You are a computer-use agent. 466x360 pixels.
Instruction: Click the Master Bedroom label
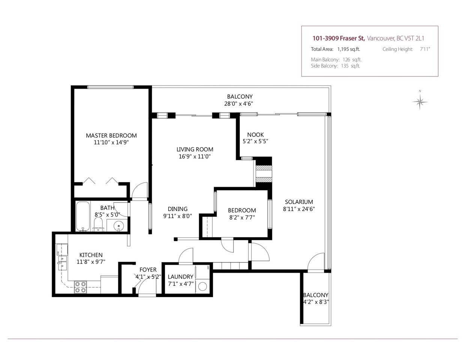111,135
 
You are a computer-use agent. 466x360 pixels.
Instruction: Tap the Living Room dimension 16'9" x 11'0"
195,156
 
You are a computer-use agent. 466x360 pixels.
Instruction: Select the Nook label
256,135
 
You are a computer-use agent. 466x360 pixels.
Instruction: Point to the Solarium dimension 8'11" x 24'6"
299,209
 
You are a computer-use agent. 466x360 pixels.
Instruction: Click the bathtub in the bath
83,216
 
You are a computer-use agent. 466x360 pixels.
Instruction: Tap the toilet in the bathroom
98,224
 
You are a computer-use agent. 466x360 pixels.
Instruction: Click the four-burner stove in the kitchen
81,287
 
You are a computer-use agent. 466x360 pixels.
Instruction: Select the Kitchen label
91,255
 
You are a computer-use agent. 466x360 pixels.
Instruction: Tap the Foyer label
148,270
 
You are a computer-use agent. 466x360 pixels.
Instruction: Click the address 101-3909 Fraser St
338,38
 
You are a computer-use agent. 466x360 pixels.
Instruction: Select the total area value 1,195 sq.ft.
349,49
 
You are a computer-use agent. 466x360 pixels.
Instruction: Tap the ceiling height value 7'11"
425,49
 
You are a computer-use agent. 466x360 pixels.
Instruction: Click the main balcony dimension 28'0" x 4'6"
239,104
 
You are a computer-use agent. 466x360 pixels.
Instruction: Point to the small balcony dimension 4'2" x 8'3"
316,302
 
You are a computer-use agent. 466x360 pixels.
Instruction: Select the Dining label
177,209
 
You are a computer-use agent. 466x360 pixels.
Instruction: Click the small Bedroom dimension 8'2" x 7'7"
242,217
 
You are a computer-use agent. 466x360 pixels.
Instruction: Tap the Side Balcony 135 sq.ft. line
335,66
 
